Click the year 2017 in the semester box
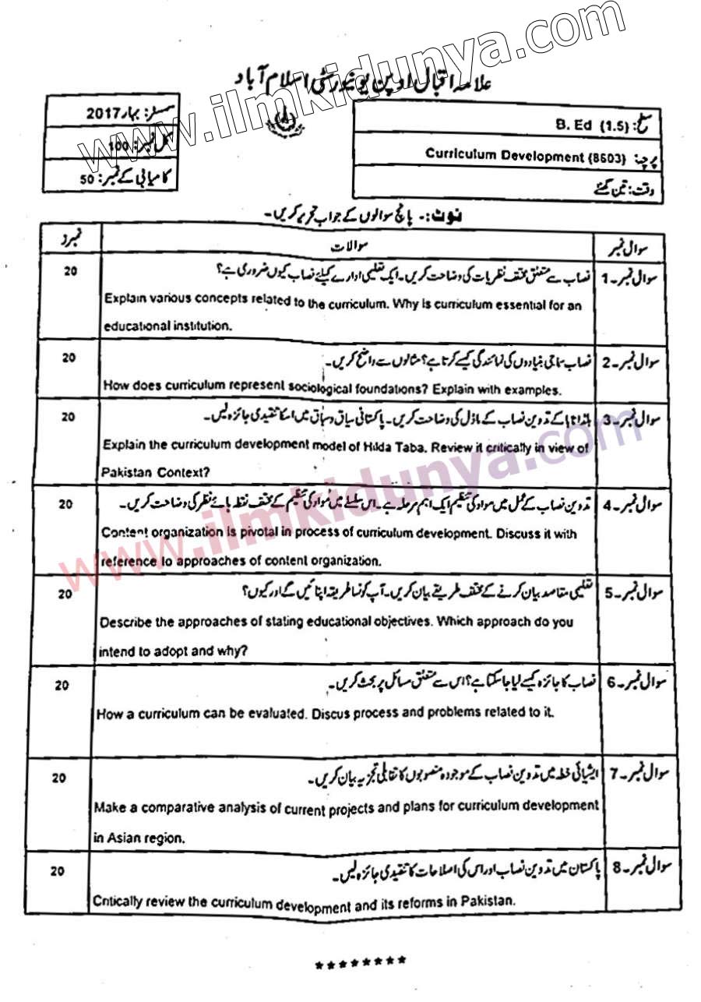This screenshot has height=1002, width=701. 103,115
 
